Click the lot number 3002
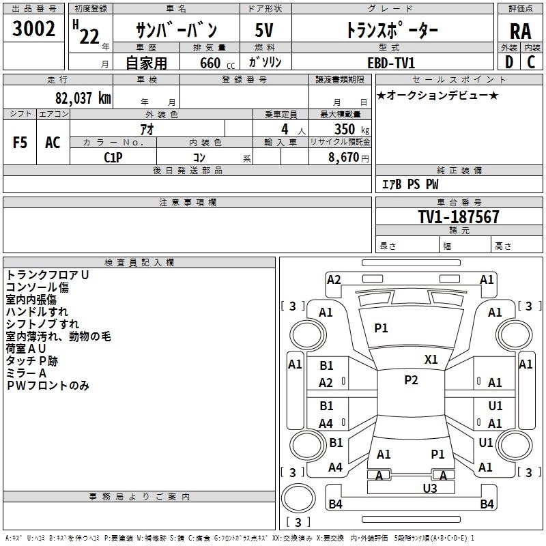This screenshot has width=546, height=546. point(33,29)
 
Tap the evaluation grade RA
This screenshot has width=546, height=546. point(521,31)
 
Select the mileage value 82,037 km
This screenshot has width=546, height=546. point(83,98)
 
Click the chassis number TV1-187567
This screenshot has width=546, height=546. point(459,217)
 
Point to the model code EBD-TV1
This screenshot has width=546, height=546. point(391,63)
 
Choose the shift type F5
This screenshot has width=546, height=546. point(20,143)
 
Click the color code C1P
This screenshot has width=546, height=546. point(113,158)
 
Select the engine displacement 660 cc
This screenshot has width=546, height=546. point(217,63)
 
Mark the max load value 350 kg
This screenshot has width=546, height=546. point(351,129)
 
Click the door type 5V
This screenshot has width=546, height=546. point(264,30)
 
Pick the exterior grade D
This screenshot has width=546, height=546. point(509,62)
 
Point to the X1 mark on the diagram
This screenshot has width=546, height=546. point(431,359)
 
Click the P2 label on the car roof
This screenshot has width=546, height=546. point(412,380)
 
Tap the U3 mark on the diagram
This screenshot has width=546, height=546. point(430,488)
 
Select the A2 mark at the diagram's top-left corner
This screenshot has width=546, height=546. point(334,280)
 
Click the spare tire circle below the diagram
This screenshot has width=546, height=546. point(298,498)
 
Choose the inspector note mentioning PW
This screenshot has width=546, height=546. point(48,386)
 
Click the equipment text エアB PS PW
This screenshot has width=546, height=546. point(410,184)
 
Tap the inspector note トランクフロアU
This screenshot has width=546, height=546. point(47,275)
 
